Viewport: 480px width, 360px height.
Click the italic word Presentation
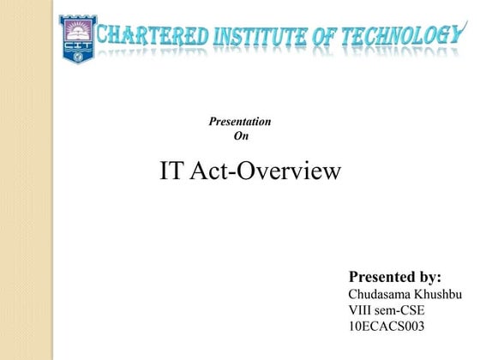point(240,122)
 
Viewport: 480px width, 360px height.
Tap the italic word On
point(240,135)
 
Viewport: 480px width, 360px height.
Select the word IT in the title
point(171,171)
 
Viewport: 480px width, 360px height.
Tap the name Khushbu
point(439,294)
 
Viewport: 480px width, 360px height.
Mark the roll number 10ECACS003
point(387,327)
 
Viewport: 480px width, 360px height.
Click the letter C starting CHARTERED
point(105,37)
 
